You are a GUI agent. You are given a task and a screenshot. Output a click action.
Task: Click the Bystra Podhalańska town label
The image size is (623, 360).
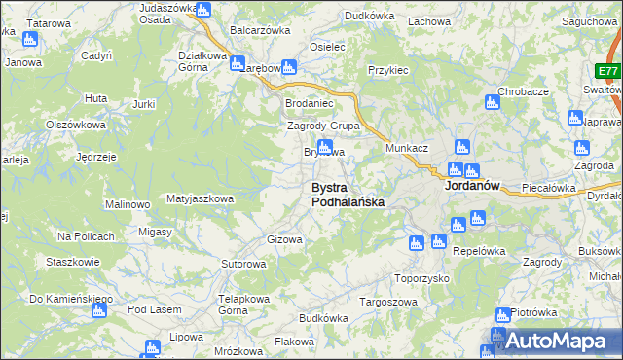pyautogui.click(x=348, y=194)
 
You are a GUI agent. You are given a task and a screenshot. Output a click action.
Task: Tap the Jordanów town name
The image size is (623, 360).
pyautogui.click(x=471, y=185)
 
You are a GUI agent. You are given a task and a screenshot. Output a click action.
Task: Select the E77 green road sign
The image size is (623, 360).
pyautogui.click(x=608, y=72)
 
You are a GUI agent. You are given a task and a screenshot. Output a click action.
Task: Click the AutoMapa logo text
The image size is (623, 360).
pyautogui.click(x=565, y=342)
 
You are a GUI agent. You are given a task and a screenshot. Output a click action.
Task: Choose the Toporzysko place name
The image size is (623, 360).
pyautogui.click(x=421, y=277)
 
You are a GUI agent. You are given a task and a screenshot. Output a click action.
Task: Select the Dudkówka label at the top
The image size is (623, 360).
pyautogui.click(x=369, y=16)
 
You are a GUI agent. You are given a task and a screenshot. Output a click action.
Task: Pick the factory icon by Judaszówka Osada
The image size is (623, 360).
pyautogui.click(x=202, y=10)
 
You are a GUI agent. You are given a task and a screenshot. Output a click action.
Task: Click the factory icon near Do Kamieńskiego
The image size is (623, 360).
pyautogui.click(x=98, y=310)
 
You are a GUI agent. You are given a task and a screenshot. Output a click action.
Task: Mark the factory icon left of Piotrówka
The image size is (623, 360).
pyautogui.click(x=502, y=315)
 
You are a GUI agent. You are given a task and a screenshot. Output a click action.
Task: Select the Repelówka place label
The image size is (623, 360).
pyautogui.click(x=479, y=250)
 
